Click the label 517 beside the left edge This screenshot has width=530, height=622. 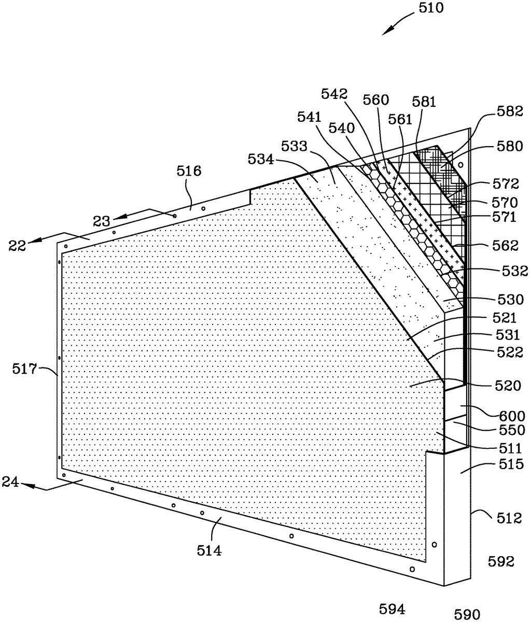click(x=24, y=369)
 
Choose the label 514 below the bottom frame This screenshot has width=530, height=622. click(x=209, y=550)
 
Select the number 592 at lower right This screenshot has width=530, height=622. click(x=501, y=561)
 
